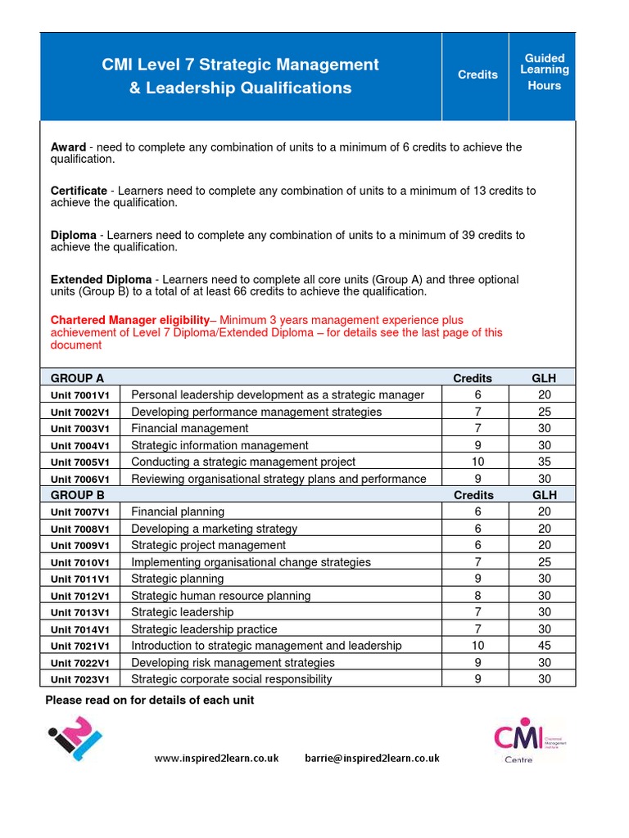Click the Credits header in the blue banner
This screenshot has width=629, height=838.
click(x=477, y=74)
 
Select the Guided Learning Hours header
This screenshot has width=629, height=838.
click(x=545, y=72)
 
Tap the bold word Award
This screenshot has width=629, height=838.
click(x=68, y=147)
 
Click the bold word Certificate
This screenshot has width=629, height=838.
click(x=79, y=191)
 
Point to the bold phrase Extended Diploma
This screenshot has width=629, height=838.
click(x=102, y=280)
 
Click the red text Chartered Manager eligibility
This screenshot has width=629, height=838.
click(x=130, y=320)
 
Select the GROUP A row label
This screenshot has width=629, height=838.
click(x=78, y=378)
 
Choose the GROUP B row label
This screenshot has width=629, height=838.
click(x=78, y=495)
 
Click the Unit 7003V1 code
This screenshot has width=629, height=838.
click(x=85, y=429)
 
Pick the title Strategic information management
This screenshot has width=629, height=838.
click(x=219, y=445)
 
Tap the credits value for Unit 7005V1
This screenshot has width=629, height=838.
click(x=477, y=462)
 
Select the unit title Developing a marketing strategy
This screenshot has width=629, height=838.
click(x=214, y=529)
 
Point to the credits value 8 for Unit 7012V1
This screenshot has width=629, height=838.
click(x=477, y=596)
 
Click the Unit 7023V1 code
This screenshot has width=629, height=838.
click(x=85, y=679)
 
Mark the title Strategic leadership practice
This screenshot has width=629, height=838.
click(x=204, y=629)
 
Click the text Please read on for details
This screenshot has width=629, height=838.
click(x=149, y=700)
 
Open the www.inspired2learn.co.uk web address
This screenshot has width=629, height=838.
click(x=216, y=758)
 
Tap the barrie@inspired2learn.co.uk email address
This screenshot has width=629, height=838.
click(x=372, y=758)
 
